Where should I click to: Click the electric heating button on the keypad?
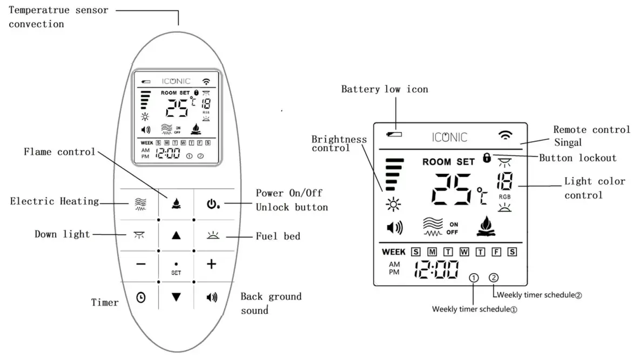tap(139, 203)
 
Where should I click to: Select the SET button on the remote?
tap(176, 268)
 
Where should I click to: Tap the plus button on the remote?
tap(212, 264)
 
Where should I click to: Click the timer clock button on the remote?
tap(140, 296)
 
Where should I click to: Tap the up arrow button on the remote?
tap(176, 235)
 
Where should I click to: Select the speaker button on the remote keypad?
tap(212, 297)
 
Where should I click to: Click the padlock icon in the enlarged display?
tap(487, 158)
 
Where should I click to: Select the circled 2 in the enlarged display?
tap(494, 278)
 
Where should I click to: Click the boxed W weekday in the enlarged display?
tap(464, 252)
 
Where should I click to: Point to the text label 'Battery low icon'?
tap(384, 89)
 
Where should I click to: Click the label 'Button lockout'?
tap(577, 158)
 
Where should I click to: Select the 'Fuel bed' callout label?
tap(278, 236)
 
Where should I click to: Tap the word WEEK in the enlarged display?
tap(393, 252)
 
